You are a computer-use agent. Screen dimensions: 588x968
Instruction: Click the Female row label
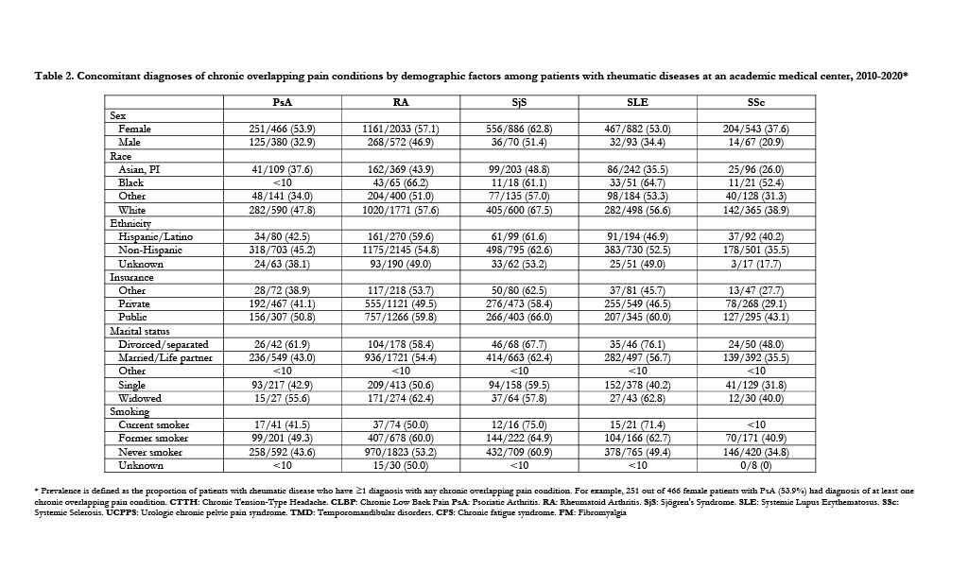(134, 129)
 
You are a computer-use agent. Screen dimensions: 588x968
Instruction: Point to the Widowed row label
(139, 398)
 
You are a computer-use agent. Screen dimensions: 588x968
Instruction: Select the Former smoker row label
(153, 439)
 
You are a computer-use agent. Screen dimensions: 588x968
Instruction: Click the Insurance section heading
(131, 277)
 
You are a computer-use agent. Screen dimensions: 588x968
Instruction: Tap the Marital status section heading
(141, 331)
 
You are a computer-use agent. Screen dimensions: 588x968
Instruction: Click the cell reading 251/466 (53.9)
(281, 129)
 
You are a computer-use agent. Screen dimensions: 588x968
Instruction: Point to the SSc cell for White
(755, 210)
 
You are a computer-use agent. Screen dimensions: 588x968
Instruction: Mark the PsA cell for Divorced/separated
(281, 344)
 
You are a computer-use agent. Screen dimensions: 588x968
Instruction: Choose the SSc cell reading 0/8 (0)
(755, 466)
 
